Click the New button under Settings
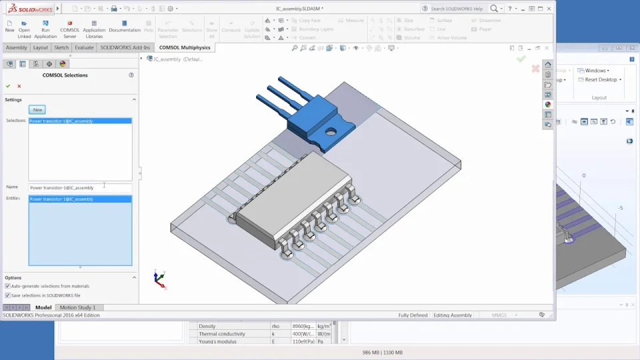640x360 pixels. tap(37, 109)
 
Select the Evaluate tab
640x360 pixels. tap(84, 47)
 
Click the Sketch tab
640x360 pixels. tap(61, 47)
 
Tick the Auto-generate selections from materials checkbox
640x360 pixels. tap(7, 286)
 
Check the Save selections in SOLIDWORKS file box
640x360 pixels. tap(7, 295)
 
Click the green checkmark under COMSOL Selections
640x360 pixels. tap(8, 86)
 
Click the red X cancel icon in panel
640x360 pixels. tap(19, 86)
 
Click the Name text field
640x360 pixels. tap(80, 188)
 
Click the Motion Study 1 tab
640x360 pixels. tap(78, 307)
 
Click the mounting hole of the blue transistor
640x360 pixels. tap(330, 131)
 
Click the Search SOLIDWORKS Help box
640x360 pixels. tap(457, 9)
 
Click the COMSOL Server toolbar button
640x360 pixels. tap(70, 30)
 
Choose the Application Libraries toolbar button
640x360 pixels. tap(94, 30)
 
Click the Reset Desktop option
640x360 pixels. tap(601, 79)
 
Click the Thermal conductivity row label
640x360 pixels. tap(222, 333)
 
